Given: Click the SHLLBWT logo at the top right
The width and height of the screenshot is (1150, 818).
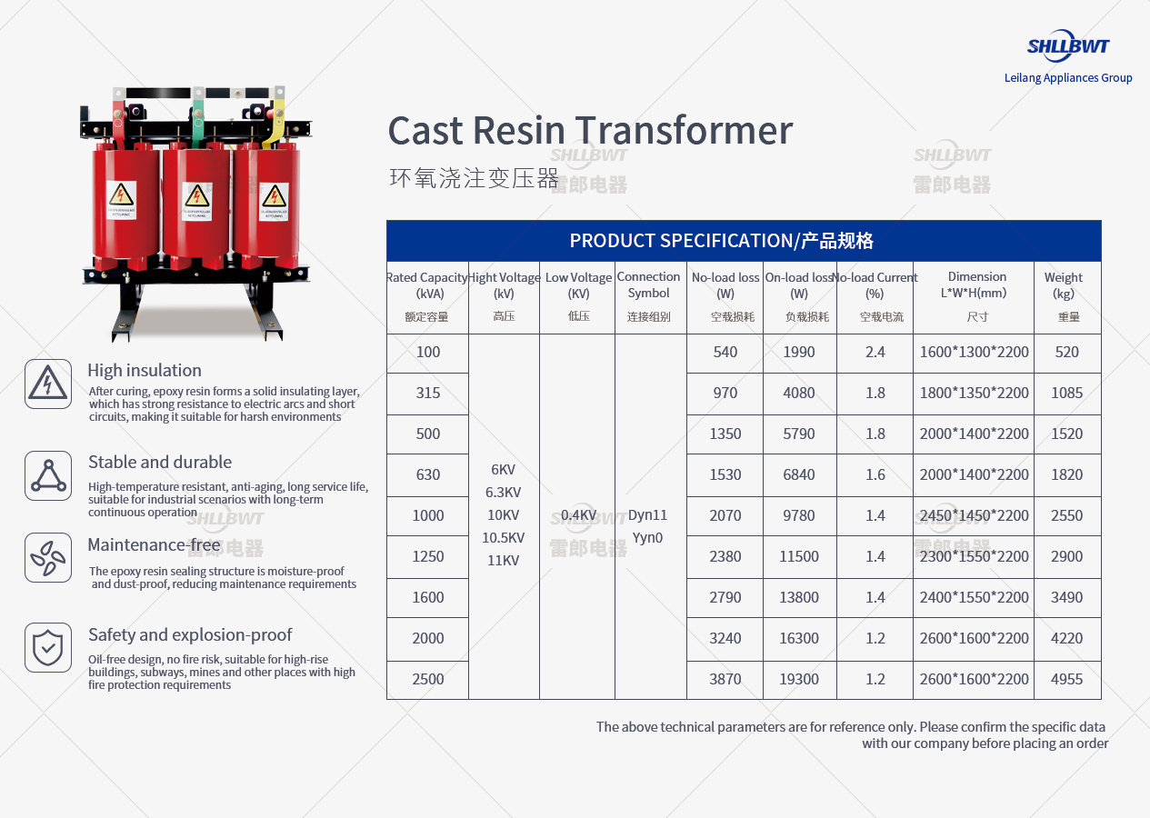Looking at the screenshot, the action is tap(1068, 46).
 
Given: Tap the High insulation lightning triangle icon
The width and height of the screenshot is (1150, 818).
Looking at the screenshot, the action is tap(48, 384).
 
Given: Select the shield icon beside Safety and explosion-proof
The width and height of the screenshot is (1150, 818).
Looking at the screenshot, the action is tap(48, 648).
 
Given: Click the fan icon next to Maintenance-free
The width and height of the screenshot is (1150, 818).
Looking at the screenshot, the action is tap(48, 558).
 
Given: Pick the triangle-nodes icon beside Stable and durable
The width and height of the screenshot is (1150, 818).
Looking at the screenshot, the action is tap(48, 475).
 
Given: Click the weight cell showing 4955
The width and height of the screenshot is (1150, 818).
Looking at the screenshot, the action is tap(1067, 680).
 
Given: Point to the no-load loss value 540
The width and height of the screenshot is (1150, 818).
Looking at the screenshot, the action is tap(725, 352).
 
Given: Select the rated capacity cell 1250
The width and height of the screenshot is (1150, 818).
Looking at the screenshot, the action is tap(428, 556).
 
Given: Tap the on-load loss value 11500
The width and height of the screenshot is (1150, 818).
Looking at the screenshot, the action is tap(799, 556).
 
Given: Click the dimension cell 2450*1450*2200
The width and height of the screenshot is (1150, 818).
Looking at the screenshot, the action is tap(974, 515).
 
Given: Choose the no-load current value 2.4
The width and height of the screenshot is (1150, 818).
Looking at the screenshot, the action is tap(875, 352).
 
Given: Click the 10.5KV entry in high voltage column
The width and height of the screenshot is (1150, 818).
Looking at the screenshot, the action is tap(503, 538).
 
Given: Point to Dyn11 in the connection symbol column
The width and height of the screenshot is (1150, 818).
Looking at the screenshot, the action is tap(647, 515).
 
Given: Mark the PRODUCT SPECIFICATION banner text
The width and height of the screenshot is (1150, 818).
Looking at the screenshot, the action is tap(721, 241).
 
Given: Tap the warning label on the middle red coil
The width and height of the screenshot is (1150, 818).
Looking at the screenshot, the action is tap(197, 202).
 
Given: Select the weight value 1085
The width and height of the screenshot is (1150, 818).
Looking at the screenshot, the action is tap(1067, 393).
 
